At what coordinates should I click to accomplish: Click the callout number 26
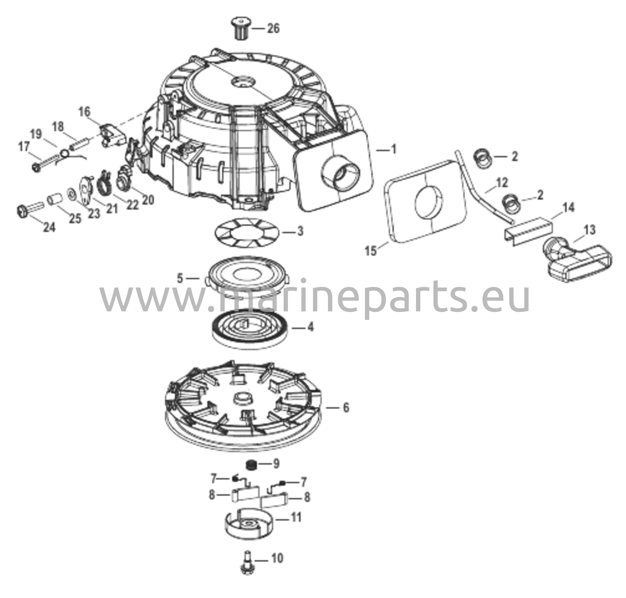pyautogui.click(x=273, y=28)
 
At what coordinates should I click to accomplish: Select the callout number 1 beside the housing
pyautogui.click(x=393, y=149)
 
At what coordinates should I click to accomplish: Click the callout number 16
pyautogui.click(x=84, y=112)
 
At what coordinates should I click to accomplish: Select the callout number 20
pyautogui.click(x=148, y=200)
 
